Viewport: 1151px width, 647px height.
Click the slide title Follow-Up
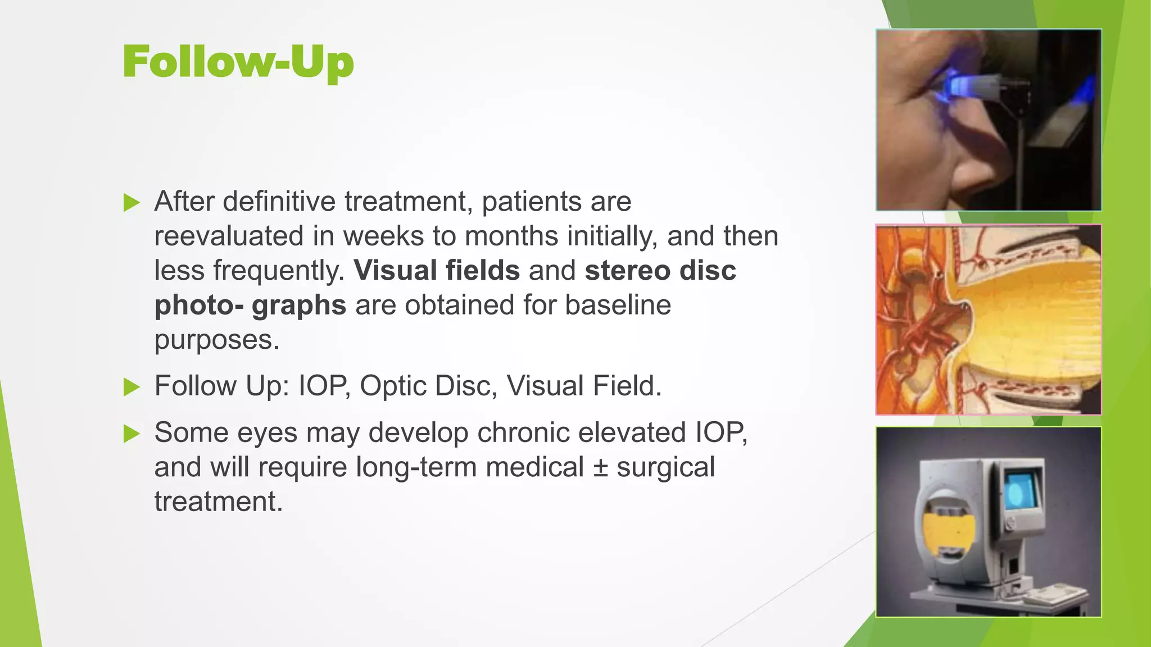pos(238,62)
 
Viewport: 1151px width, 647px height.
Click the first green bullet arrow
pos(131,203)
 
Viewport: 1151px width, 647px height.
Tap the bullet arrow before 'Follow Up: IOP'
pos(131,387)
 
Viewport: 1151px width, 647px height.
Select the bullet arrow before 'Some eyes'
pos(131,434)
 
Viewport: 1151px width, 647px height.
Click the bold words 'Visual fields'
pos(437,271)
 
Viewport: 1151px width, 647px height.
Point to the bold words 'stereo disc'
pos(660,271)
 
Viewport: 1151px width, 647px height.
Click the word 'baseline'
pos(618,306)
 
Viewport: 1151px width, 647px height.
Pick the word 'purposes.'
pos(217,340)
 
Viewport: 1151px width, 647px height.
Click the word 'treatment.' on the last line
pos(218,502)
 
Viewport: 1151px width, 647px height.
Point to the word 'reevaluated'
pos(229,236)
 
